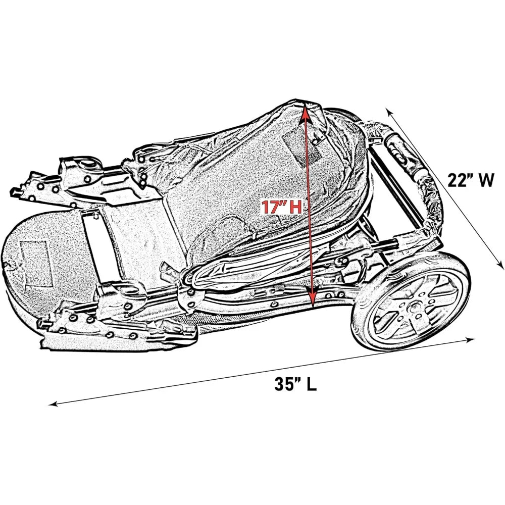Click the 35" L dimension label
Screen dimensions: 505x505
(295, 384)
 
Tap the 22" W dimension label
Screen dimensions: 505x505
(470, 180)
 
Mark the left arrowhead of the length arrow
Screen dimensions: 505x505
(52, 403)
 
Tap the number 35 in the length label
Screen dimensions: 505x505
(284, 384)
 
